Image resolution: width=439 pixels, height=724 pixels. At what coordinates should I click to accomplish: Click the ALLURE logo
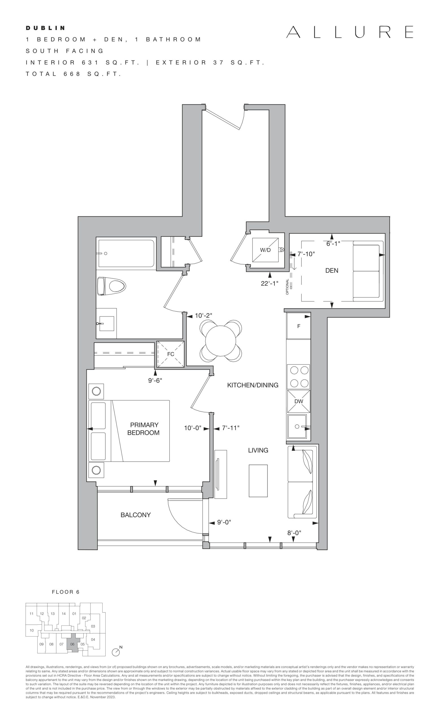pyautogui.click(x=350, y=32)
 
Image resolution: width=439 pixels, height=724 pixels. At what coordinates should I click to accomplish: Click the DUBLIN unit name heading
pyautogui.click(x=45, y=28)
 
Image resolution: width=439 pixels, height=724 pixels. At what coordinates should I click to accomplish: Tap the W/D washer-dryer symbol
pyautogui.click(x=265, y=250)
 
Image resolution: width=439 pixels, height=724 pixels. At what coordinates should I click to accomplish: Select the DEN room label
pyautogui.click(x=332, y=270)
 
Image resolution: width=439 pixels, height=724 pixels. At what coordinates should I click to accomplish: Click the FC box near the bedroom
pyautogui.click(x=171, y=354)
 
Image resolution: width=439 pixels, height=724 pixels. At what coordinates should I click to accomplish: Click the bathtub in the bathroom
pyautogui.click(x=127, y=254)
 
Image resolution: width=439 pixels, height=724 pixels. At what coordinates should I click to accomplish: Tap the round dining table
pyautogui.click(x=221, y=341)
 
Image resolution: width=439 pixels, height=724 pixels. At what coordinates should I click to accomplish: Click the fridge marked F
pyautogui.click(x=298, y=326)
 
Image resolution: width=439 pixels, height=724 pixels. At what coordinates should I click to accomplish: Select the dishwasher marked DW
pyautogui.click(x=298, y=401)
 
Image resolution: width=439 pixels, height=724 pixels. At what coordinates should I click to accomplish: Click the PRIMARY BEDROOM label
pyautogui.click(x=144, y=429)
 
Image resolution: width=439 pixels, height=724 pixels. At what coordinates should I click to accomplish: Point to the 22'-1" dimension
pyautogui.click(x=270, y=283)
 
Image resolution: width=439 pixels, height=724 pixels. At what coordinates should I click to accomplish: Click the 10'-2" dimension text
pyautogui.click(x=203, y=316)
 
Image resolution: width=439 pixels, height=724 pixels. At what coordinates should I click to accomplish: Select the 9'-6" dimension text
pyautogui.click(x=155, y=380)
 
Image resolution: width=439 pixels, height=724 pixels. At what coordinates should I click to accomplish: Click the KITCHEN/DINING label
pyautogui.click(x=253, y=385)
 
